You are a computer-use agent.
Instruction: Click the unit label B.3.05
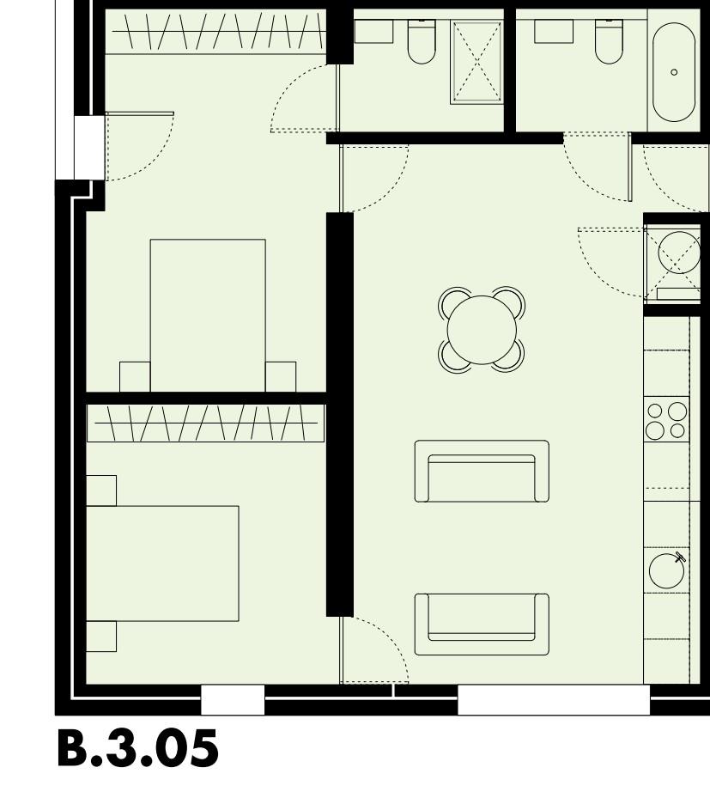(x=137, y=749)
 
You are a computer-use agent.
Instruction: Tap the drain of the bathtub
(x=674, y=72)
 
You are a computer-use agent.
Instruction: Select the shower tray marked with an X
(x=476, y=62)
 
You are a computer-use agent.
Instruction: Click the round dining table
(x=482, y=330)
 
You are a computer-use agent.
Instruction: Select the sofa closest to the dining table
(x=482, y=471)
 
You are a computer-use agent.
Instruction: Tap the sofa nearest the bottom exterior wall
(x=482, y=624)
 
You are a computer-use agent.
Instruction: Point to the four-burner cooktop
(x=666, y=420)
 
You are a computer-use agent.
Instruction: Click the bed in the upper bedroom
(x=208, y=314)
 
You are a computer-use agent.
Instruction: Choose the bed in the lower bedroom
(x=162, y=563)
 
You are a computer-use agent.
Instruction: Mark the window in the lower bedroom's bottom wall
(x=232, y=700)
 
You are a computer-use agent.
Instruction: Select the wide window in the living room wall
(x=553, y=700)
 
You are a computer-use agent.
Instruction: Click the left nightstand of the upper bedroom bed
(x=135, y=377)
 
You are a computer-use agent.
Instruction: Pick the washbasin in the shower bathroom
(x=373, y=31)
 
